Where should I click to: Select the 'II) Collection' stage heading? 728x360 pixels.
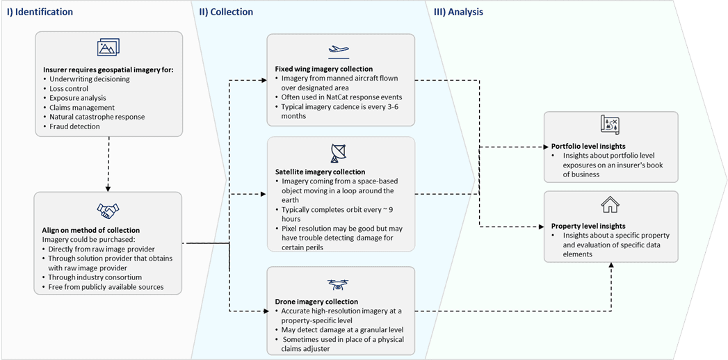pyautogui.click(x=226, y=13)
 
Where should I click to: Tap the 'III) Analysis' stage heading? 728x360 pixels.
pyautogui.click(x=458, y=13)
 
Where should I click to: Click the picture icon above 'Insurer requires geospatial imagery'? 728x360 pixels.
pyautogui.click(x=108, y=47)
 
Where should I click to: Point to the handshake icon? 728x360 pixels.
pyautogui.click(x=108, y=211)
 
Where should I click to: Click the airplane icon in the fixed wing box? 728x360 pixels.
pyautogui.click(x=340, y=51)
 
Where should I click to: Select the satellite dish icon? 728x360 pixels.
pyautogui.click(x=340, y=154)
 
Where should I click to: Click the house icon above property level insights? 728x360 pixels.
pyautogui.click(x=610, y=205)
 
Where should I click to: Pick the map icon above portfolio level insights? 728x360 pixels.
pyautogui.click(x=610, y=125)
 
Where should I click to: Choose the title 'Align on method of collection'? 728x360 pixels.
pyautogui.click(x=90, y=231)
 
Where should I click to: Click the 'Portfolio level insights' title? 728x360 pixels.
pyautogui.click(x=588, y=147)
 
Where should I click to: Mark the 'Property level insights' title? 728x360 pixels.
pyautogui.click(x=588, y=227)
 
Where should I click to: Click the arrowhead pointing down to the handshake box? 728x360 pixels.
pyautogui.click(x=108, y=188)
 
